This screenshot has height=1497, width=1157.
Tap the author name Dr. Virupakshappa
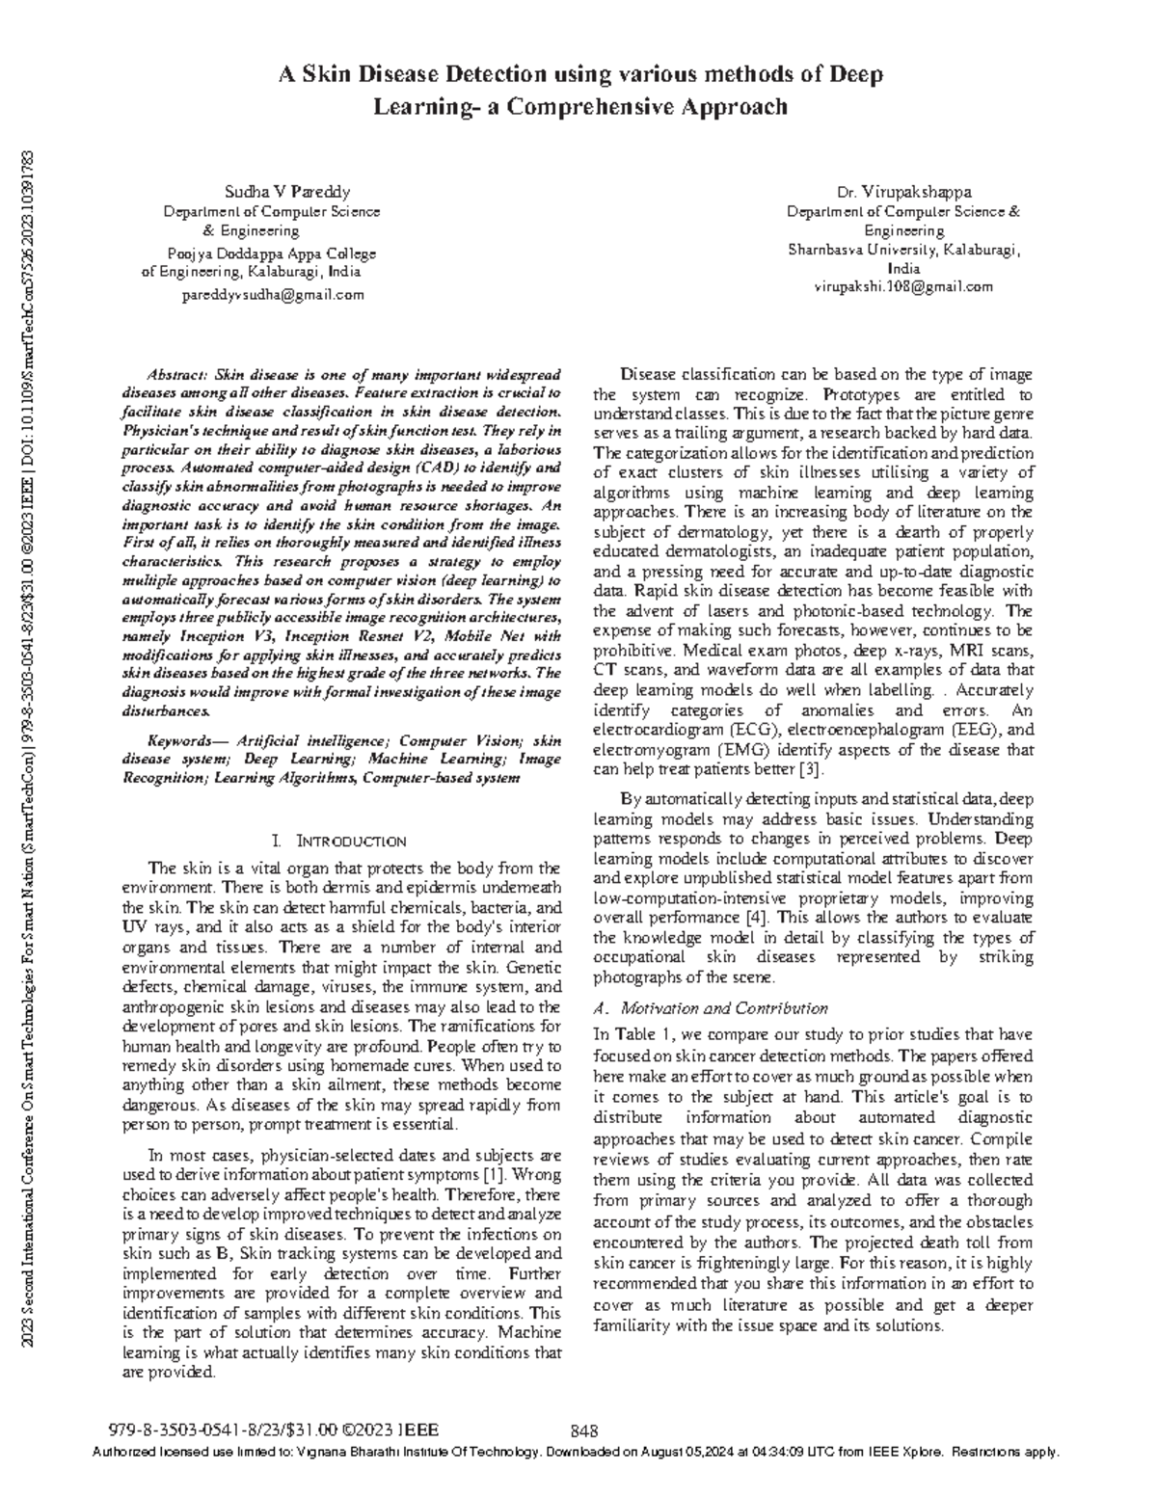tap(903, 192)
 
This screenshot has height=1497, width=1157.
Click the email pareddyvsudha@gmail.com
tap(273, 295)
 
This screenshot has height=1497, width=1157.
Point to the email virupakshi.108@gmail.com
tap(903, 286)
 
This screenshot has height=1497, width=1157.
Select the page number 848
tap(585, 1430)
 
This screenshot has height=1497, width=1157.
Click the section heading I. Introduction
tap(340, 841)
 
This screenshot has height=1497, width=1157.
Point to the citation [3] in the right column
tap(811, 769)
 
